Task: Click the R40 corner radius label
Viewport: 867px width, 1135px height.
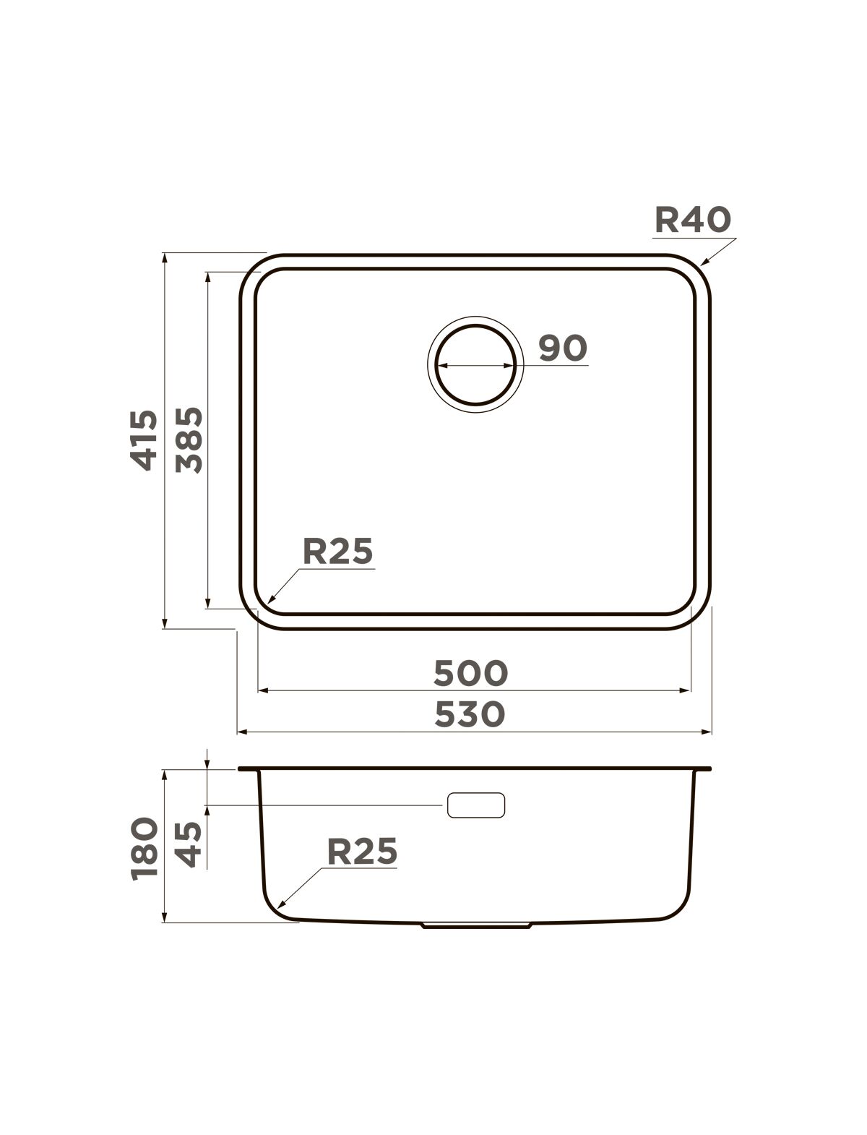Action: [693, 219]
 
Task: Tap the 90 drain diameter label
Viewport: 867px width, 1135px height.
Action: [563, 348]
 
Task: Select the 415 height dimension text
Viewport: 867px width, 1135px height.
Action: [144, 440]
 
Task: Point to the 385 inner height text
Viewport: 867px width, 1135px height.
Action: [189, 440]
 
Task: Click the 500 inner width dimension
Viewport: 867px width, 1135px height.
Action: [470, 673]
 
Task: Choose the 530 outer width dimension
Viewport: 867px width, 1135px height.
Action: [470, 714]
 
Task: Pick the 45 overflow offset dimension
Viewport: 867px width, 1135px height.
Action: [188, 844]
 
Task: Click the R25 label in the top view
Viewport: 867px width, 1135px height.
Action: [338, 551]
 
